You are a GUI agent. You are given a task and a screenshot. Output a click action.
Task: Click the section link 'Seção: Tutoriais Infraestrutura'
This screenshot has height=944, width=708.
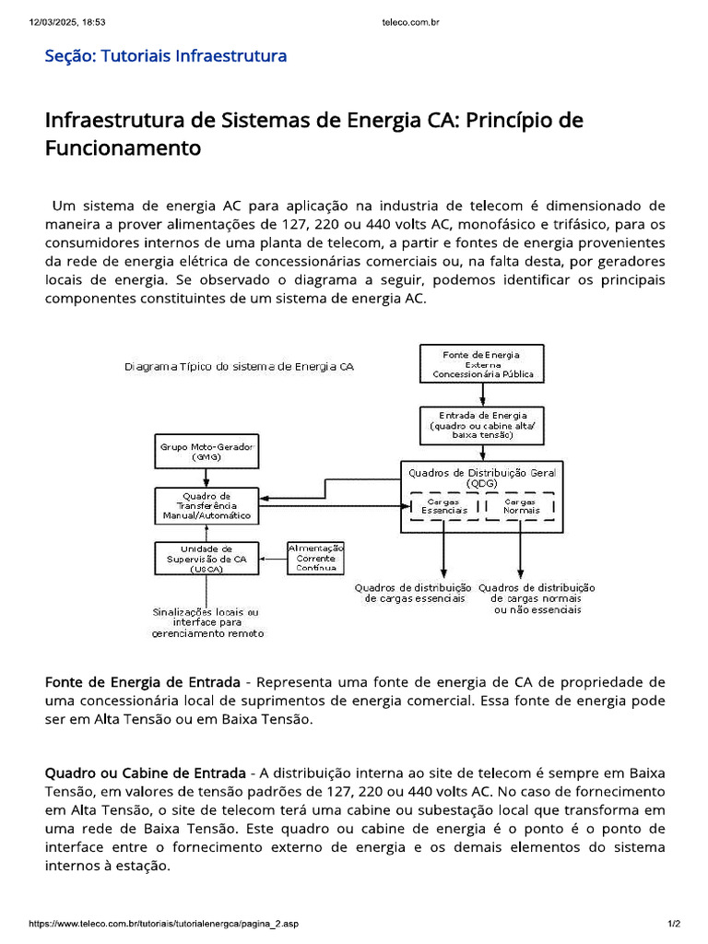166,56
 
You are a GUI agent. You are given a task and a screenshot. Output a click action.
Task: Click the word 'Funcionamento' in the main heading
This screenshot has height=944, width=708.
123,147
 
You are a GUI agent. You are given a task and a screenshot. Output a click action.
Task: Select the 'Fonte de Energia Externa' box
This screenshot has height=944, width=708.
482,364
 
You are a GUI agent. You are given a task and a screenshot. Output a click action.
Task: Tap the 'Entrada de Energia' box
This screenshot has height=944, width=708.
482,425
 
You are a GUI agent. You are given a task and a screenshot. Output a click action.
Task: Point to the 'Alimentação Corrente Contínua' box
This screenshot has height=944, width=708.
316,558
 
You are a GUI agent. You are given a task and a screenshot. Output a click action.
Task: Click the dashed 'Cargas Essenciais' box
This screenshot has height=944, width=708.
444,506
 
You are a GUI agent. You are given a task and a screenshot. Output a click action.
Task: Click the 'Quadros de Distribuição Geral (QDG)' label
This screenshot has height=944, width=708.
481,477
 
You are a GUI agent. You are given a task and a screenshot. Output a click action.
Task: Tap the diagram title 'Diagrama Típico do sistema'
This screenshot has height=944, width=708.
239,366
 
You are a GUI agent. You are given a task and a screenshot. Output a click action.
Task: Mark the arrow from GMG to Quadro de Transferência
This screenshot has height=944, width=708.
206,477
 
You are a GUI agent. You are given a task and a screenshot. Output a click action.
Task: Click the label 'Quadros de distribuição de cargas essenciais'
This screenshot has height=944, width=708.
413,593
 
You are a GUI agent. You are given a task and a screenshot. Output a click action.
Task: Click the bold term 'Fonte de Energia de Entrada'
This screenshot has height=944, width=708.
143,682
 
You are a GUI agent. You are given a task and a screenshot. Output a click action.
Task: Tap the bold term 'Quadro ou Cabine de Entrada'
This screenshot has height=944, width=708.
145,772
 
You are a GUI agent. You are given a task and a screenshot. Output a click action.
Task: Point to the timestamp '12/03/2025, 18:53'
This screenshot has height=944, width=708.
68,22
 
